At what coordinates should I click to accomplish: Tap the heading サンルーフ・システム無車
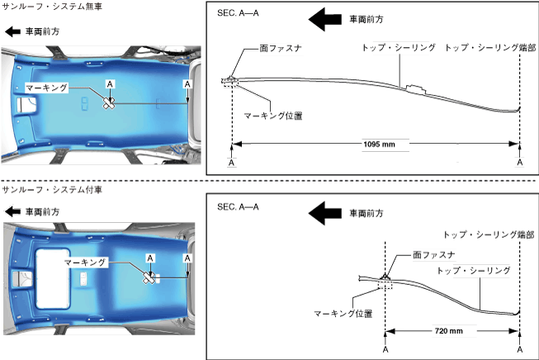pos(53,7)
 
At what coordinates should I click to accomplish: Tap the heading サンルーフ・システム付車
pos(53,190)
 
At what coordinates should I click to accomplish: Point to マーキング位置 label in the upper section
pos(273,116)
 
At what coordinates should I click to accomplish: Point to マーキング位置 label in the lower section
pos(343,314)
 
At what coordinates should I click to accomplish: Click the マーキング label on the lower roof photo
pos(87,261)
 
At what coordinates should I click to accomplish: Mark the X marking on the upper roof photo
pos(109,102)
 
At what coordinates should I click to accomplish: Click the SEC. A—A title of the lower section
pos(237,206)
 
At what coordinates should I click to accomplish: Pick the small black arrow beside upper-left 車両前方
pos(12,31)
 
